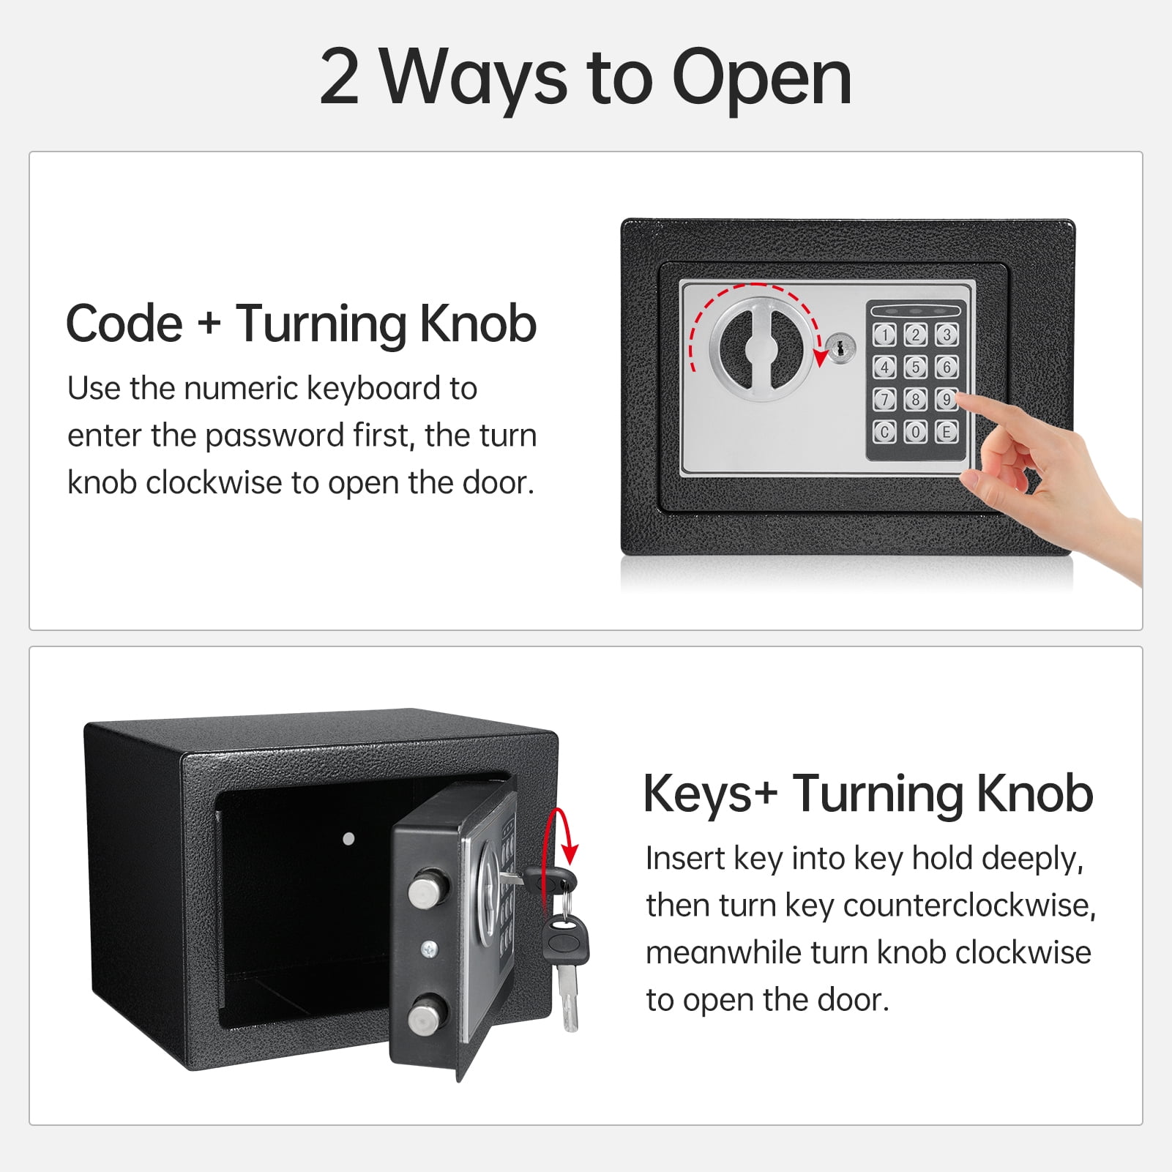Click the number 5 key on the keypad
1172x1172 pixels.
coord(915,367)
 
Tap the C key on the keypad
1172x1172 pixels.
coord(884,432)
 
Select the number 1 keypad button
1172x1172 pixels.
coord(884,335)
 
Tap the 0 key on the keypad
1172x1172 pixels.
coord(915,432)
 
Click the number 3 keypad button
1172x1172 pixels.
coord(947,335)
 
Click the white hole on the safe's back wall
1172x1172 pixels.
coord(349,839)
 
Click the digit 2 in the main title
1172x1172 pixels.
coord(340,77)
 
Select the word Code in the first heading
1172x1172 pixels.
coord(124,324)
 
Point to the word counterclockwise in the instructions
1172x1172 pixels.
coord(970,906)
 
